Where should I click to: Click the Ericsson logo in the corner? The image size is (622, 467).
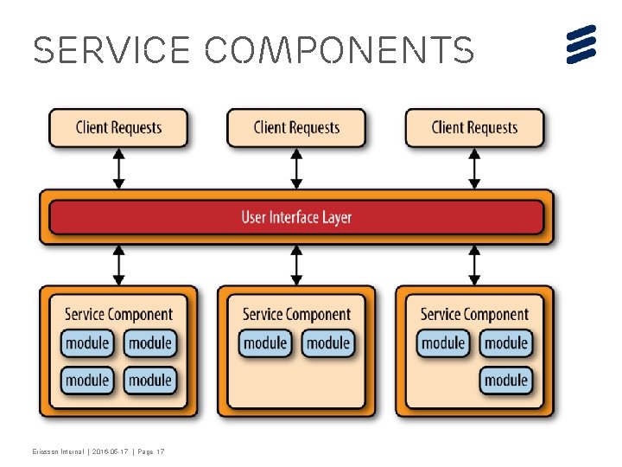[582, 43]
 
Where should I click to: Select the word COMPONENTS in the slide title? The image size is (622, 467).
[340, 51]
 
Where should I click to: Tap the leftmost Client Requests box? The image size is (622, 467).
[118, 128]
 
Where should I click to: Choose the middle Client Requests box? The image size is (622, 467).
[296, 128]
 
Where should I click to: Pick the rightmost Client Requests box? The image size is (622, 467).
[474, 128]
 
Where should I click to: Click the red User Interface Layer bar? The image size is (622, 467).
[296, 217]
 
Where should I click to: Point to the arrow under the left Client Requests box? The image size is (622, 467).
[119, 169]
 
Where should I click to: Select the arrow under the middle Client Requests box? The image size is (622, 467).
[297, 169]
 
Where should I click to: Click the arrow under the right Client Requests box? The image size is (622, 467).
[474, 169]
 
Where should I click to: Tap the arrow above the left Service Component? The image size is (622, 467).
[119, 265]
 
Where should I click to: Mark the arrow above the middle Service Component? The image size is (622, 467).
[297, 265]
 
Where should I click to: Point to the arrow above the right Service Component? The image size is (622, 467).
[474, 265]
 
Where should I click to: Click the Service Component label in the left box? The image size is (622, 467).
[118, 315]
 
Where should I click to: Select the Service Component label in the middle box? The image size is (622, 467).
[296, 315]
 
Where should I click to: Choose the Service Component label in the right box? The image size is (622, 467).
[474, 315]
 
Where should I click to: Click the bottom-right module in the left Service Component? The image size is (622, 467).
[150, 380]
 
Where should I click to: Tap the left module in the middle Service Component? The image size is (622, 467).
[265, 343]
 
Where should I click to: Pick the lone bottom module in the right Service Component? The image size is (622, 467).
[506, 380]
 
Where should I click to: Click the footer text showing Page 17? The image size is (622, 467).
[150, 451]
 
